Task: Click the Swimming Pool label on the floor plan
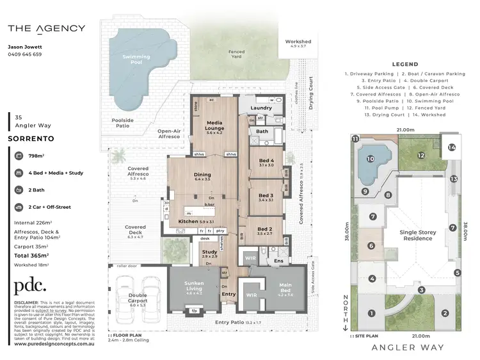pos(136,60)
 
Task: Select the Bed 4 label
pos(266,161)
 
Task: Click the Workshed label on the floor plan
pos(298,44)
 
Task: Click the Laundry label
pos(261,108)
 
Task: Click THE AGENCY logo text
pos(46,28)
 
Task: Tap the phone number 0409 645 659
pos(25,54)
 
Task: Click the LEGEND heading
pos(404,64)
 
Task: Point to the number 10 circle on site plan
pos(370,159)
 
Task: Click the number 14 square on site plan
pos(452,147)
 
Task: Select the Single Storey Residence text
pos(417,236)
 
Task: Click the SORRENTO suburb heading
pos(30,138)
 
